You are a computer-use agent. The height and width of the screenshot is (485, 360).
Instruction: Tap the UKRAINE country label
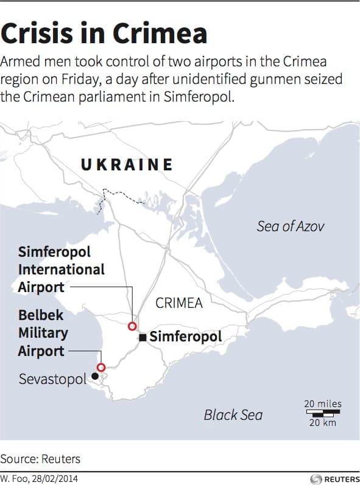127,164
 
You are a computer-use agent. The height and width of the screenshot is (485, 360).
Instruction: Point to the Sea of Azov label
291,226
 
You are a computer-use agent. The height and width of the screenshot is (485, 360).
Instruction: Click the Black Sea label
233,415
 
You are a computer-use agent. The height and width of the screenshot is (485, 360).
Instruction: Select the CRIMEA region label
179,302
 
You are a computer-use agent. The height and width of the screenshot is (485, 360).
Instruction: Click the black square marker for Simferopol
142,337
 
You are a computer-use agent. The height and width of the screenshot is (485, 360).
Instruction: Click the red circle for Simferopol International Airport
132,327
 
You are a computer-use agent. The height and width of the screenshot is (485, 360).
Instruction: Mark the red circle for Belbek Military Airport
101,367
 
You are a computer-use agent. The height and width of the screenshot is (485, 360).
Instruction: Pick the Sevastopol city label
52,379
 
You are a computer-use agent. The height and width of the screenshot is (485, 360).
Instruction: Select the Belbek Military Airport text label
43,333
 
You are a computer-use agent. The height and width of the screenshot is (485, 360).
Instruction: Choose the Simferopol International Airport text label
61,270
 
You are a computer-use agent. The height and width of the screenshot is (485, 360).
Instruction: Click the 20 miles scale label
323,403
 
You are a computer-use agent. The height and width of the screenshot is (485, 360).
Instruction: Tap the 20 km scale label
322,423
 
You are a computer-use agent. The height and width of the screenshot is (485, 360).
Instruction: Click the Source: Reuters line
40,459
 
